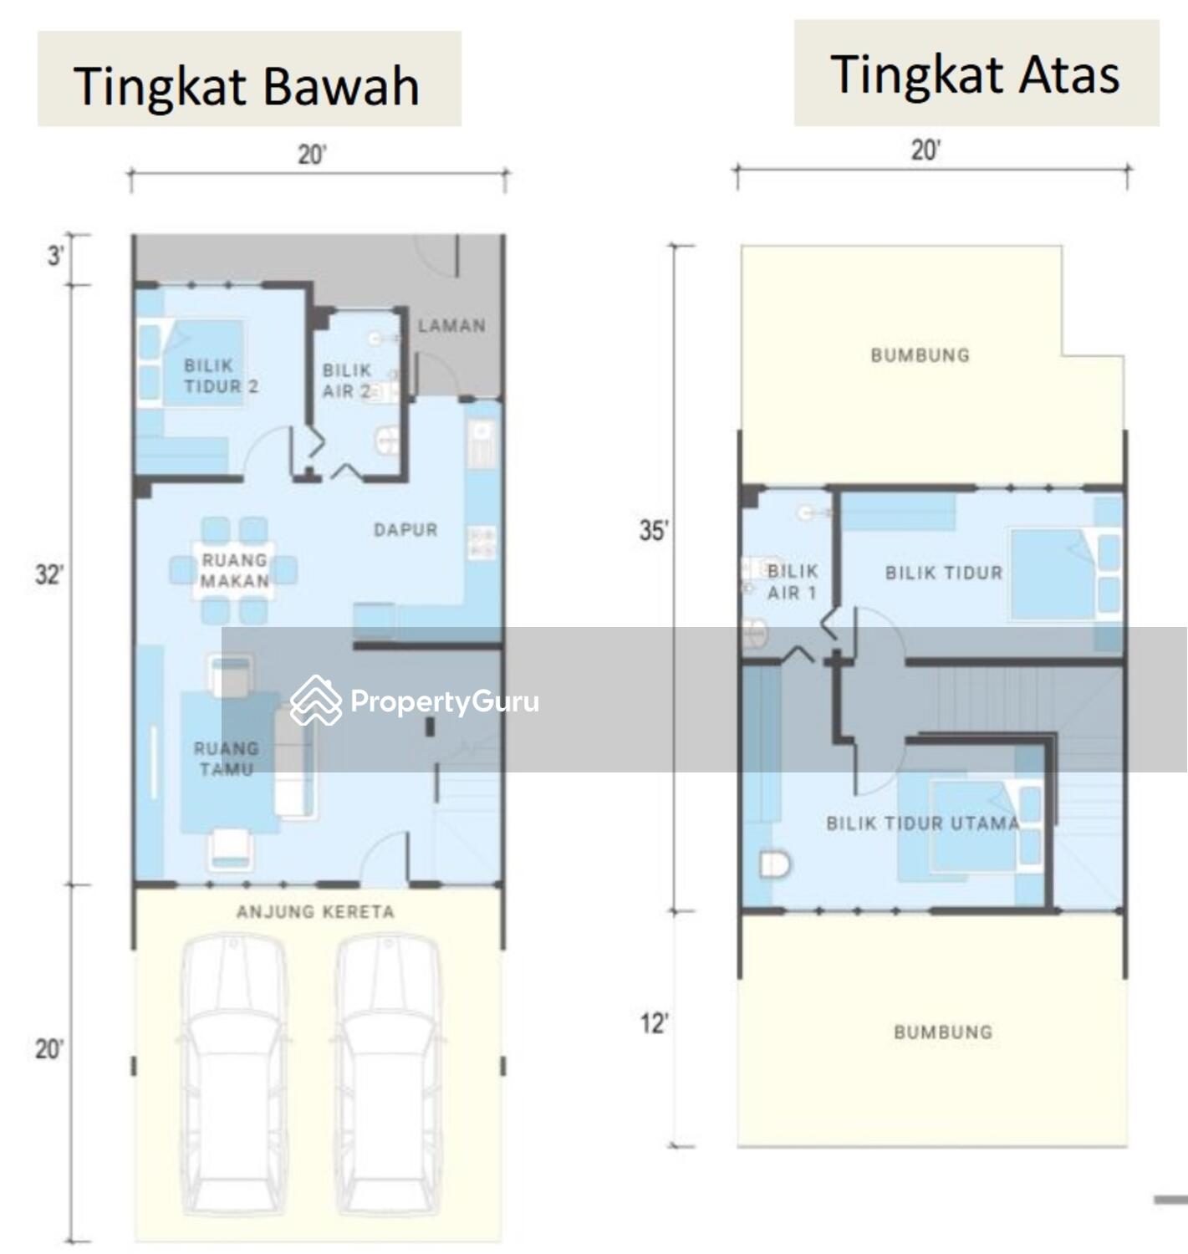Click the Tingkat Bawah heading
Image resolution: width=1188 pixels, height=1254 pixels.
(247, 87)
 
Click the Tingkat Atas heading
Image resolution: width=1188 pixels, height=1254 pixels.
(975, 74)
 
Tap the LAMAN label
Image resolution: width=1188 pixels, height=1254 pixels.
(451, 326)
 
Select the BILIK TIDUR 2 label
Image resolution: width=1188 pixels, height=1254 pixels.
(221, 375)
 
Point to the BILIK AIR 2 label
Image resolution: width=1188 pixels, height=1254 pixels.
(346, 380)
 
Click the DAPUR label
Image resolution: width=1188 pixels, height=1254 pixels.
(405, 529)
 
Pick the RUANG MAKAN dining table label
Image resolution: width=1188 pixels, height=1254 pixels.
(235, 570)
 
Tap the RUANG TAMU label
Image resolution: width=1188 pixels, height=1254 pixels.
(227, 758)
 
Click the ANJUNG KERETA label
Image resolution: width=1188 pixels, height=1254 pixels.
(316, 911)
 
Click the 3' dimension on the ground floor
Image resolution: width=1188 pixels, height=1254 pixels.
(55, 256)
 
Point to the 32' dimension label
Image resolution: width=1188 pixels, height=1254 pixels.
(48, 574)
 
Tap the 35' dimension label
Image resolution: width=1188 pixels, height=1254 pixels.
(654, 530)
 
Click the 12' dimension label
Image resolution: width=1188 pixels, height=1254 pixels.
(654, 1024)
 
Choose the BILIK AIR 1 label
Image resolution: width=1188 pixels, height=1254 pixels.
(793, 582)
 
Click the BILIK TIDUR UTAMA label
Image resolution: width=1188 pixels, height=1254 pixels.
(923, 823)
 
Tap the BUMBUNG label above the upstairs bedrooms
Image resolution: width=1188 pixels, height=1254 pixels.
(920, 355)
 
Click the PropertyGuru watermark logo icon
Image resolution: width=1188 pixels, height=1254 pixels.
(316, 701)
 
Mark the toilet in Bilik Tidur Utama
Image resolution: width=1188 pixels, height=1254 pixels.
(774, 865)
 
